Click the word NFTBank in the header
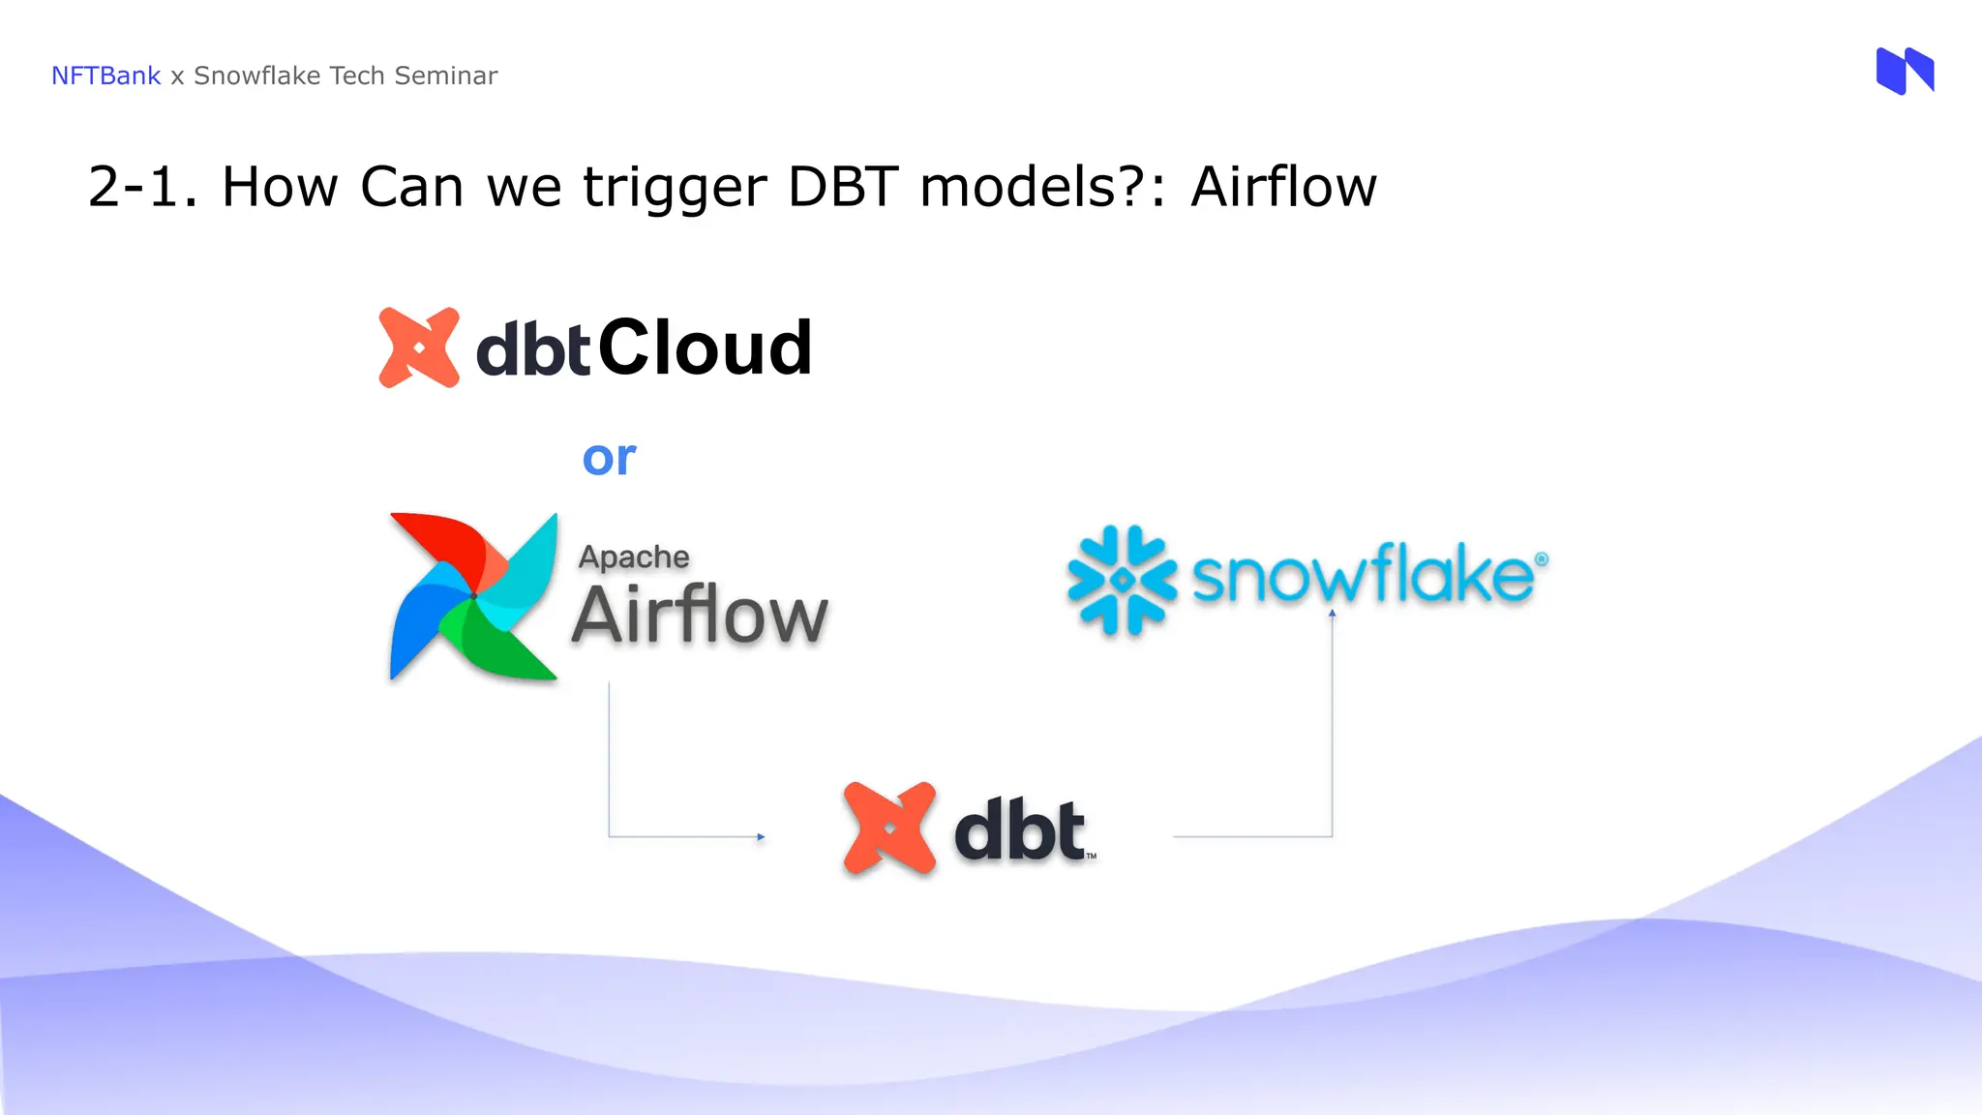coord(105,75)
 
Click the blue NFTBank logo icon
coord(1905,71)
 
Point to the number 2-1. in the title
coord(142,186)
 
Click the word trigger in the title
coord(675,188)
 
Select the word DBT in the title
coord(843,186)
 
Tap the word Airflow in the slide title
coord(1283,186)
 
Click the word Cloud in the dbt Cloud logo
coord(706,347)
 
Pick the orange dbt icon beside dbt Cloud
coord(419,347)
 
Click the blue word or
coord(609,458)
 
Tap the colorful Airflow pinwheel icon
coord(473,596)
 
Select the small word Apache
coord(634,557)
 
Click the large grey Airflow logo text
coord(700,615)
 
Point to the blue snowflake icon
coord(1122,580)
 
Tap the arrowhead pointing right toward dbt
coord(761,836)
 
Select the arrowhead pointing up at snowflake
coord(1332,614)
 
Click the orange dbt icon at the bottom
coord(889,829)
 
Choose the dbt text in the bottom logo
coord(1020,830)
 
